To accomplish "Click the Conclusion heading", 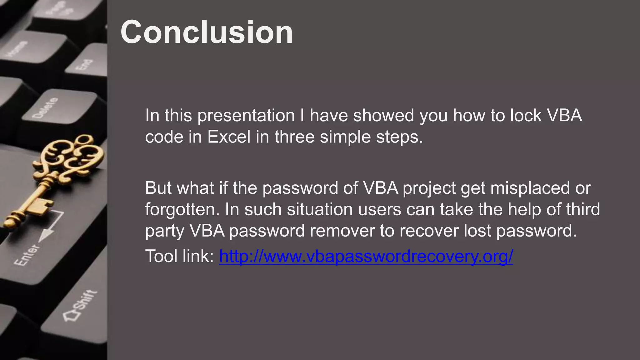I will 207,32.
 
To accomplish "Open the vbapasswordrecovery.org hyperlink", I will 366,256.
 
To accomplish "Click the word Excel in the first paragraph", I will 229,137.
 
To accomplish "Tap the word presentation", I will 246,116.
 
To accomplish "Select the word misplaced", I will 528,188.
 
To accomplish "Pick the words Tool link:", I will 179,256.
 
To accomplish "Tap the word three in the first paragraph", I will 294,137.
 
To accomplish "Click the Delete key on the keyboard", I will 46,108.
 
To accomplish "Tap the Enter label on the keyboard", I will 27,255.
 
